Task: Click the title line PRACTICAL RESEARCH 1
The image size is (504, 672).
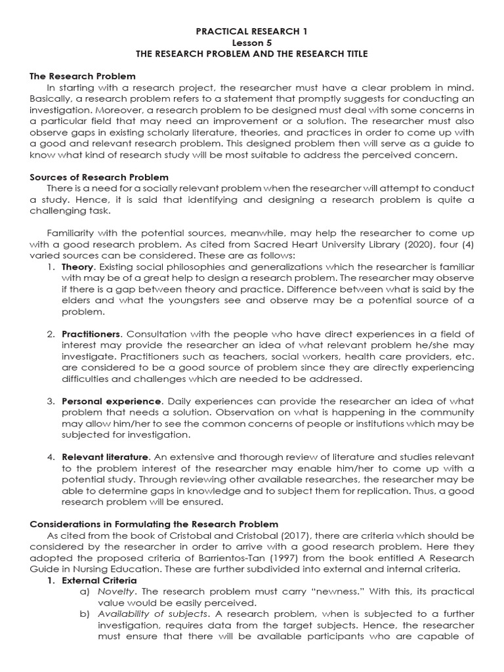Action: (252, 31)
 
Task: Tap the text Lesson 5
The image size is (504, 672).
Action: (252, 42)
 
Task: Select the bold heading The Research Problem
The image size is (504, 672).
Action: (83, 76)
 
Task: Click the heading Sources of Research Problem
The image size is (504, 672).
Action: (99, 177)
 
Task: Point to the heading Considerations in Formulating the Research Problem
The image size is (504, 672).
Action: (154, 524)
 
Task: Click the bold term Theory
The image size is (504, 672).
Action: (77, 267)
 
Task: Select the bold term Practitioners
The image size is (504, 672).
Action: (91, 334)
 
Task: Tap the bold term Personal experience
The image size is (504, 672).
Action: (111, 401)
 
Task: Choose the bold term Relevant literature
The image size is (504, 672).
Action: (106, 457)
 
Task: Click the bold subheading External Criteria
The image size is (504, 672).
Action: (99, 580)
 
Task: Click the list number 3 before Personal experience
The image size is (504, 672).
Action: (50, 401)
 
